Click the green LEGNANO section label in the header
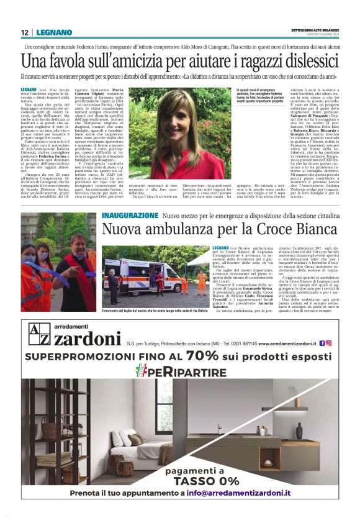click(x=50, y=33)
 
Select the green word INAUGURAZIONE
click(x=130, y=215)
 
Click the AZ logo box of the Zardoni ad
click(x=36, y=339)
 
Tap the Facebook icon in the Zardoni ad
click(x=321, y=342)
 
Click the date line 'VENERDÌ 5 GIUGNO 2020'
click(x=316, y=37)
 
